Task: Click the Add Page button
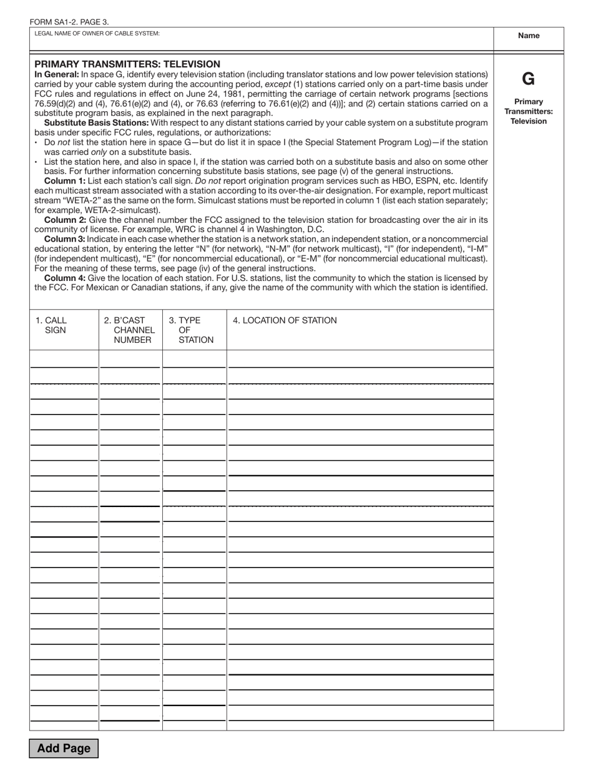[x=64, y=748]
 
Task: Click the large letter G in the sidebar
[x=528, y=79]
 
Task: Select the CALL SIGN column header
[x=55, y=325]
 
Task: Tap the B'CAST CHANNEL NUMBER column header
[x=130, y=330]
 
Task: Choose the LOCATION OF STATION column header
[x=285, y=321]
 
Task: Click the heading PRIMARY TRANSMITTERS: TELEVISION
[x=127, y=64]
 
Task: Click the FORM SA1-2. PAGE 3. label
[x=69, y=22]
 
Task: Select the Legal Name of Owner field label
[x=97, y=34]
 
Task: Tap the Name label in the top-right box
[x=528, y=36]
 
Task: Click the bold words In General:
[x=57, y=74]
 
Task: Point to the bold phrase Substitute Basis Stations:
[x=96, y=123]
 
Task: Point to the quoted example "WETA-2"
[x=81, y=200]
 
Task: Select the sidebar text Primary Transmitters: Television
[x=528, y=111]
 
